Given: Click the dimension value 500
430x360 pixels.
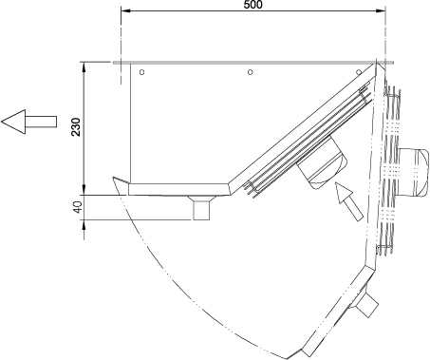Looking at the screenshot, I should pos(252,5).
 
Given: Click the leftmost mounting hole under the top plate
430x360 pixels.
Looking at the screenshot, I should pos(141,72).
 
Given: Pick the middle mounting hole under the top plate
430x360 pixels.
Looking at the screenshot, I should pos(250,72).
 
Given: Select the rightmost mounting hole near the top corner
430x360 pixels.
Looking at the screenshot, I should pos(358,72).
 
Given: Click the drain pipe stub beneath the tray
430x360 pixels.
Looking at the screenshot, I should pos(201,207).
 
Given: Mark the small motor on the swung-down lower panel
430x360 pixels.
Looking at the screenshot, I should pos(367,304).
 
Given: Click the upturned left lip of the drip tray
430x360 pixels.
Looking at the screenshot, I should pos(119,181).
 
